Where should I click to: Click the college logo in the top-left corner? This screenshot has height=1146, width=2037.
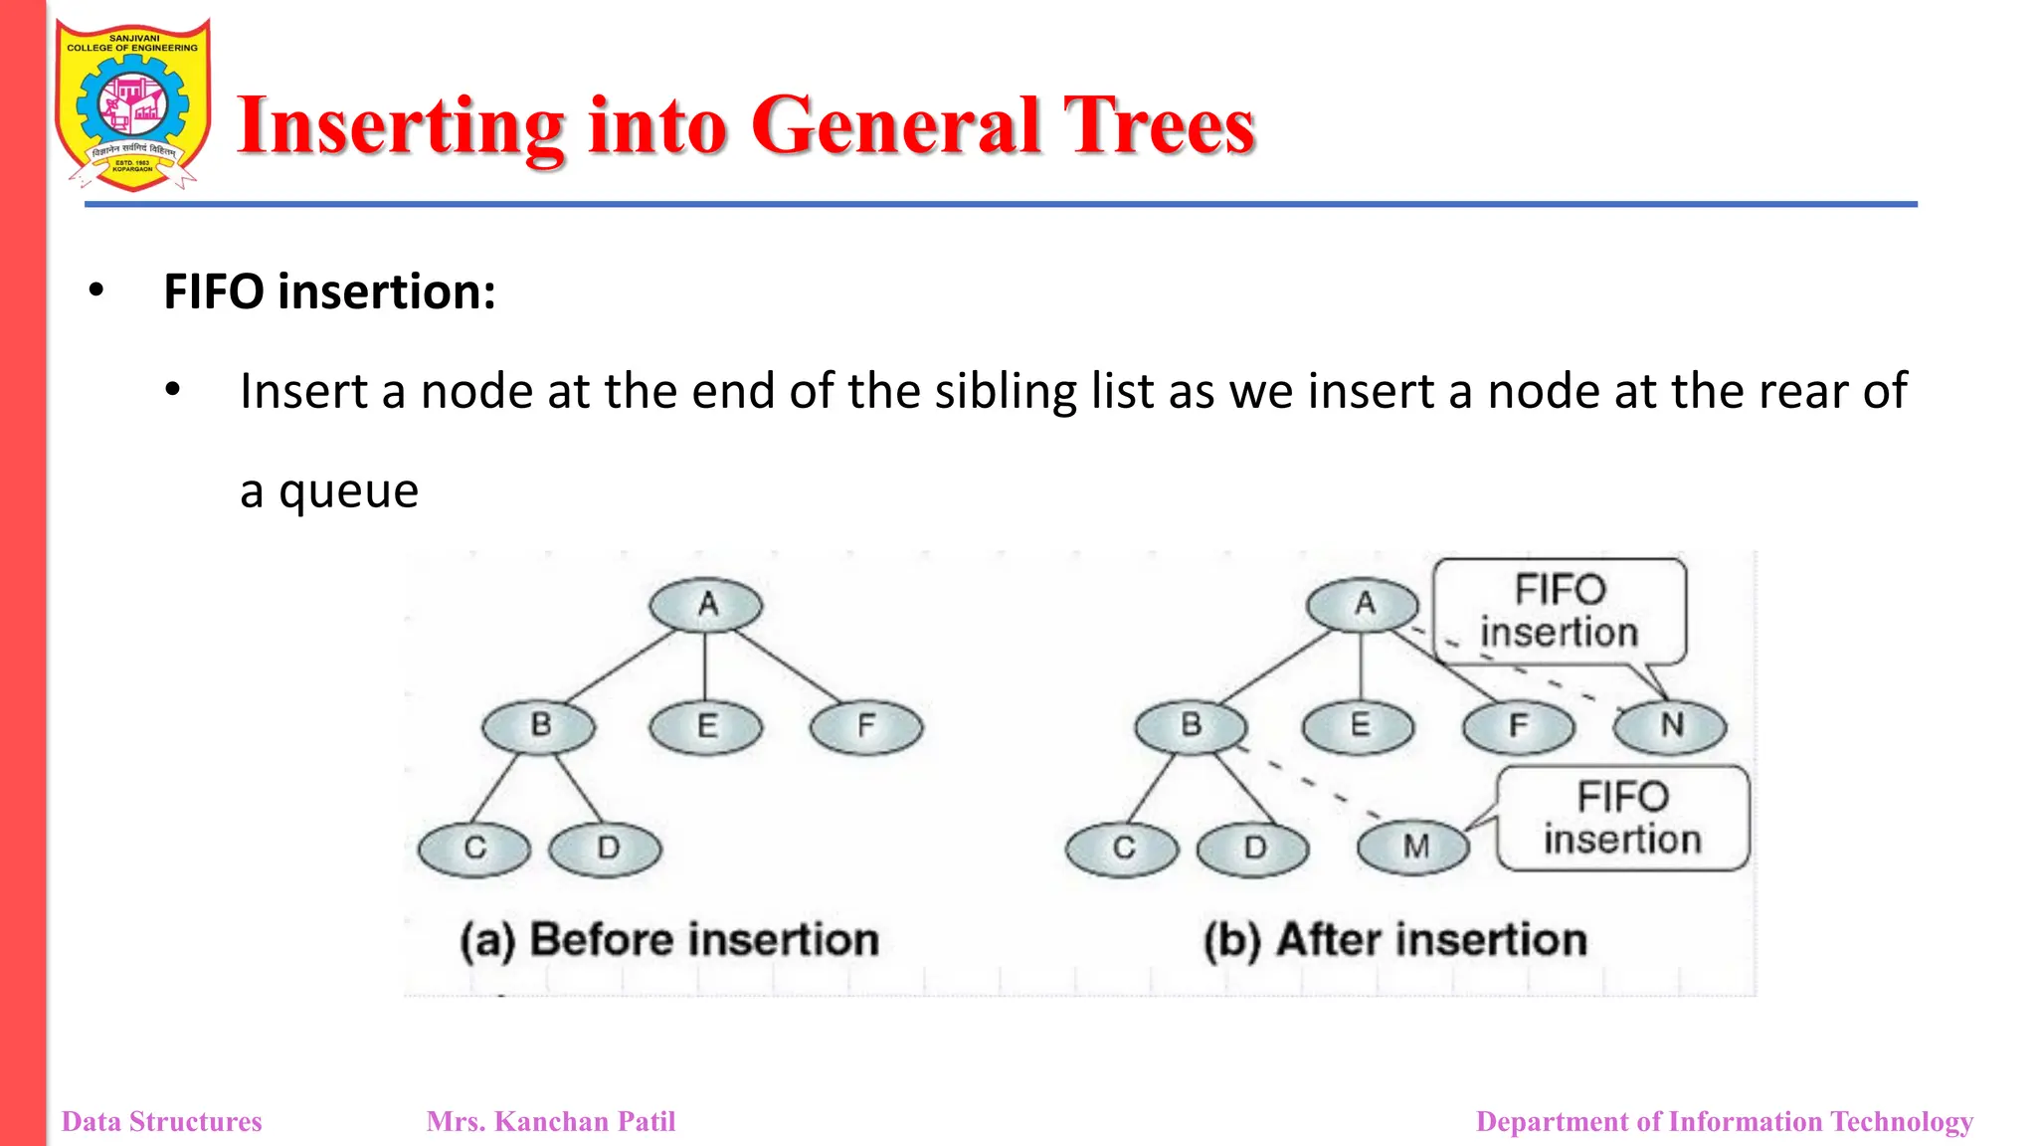coord(132,105)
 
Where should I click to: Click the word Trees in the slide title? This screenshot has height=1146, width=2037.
coord(1159,126)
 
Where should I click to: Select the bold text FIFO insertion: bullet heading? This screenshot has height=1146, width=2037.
coord(329,292)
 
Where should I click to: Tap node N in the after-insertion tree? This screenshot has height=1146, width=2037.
coord(1671,725)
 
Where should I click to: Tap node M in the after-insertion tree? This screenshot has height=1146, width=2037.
coord(1414,847)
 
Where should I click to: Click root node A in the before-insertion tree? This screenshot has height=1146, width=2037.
coord(706,604)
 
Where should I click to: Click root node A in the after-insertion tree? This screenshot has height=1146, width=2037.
coord(1364,604)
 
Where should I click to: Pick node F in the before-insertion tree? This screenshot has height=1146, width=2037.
coord(866,726)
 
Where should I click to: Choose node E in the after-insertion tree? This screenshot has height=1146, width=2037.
coord(1359,725)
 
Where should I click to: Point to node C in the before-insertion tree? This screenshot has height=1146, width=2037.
coord(474,849)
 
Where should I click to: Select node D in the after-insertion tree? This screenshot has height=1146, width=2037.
coord(1254,849)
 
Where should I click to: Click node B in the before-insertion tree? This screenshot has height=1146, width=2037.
coord(539,725)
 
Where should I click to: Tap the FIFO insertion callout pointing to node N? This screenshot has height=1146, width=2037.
coord(1559,611)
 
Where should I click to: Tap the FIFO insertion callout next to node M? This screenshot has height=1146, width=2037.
coord(1622,818)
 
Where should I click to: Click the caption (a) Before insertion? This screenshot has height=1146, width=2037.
coord(669,940)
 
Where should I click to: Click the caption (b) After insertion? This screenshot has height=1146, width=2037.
coord(1394,940)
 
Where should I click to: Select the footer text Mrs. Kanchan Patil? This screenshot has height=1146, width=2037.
coord(551,1122)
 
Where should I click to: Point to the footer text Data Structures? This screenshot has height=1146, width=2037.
coord(162,1122)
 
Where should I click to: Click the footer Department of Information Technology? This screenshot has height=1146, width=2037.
coord(1724,1122)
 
